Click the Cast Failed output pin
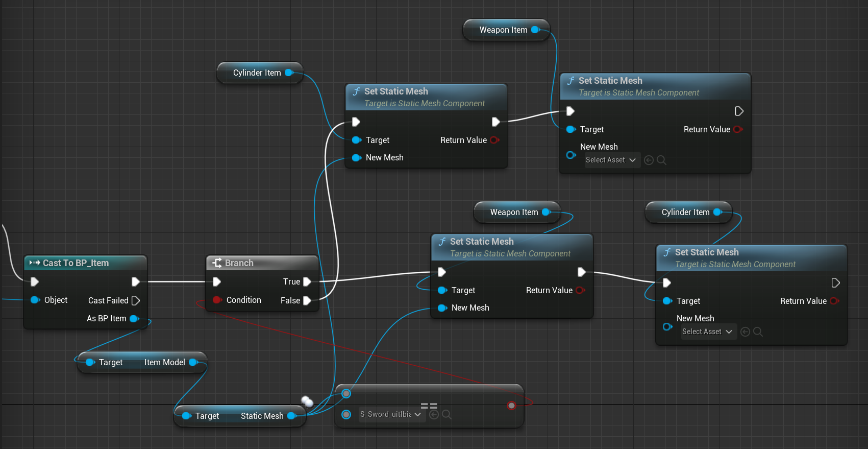[x=136, y=300]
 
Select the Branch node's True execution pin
[x=307, y=281]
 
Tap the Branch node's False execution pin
[x=307, y=300]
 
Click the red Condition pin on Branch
[x=217, y=300]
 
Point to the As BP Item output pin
[x=134, y=318]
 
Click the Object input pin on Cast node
[x=35, y=300]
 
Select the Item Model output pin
[x=193, y=362]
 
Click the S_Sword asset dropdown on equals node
[x=390, y=414]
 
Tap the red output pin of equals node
[x=511, y=406]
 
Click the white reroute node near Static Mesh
[x=307, y=401]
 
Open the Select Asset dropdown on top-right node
[x=610, y=160]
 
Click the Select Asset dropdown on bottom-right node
[x=707, y=332]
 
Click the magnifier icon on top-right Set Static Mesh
[x=661, y=160]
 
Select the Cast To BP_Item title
[x=76, y=263]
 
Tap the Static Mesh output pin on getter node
[x=291, y=416]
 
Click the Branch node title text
[x=239, y=263]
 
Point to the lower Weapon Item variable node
[x=514, y=212]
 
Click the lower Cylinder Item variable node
[x=685, y=212]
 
